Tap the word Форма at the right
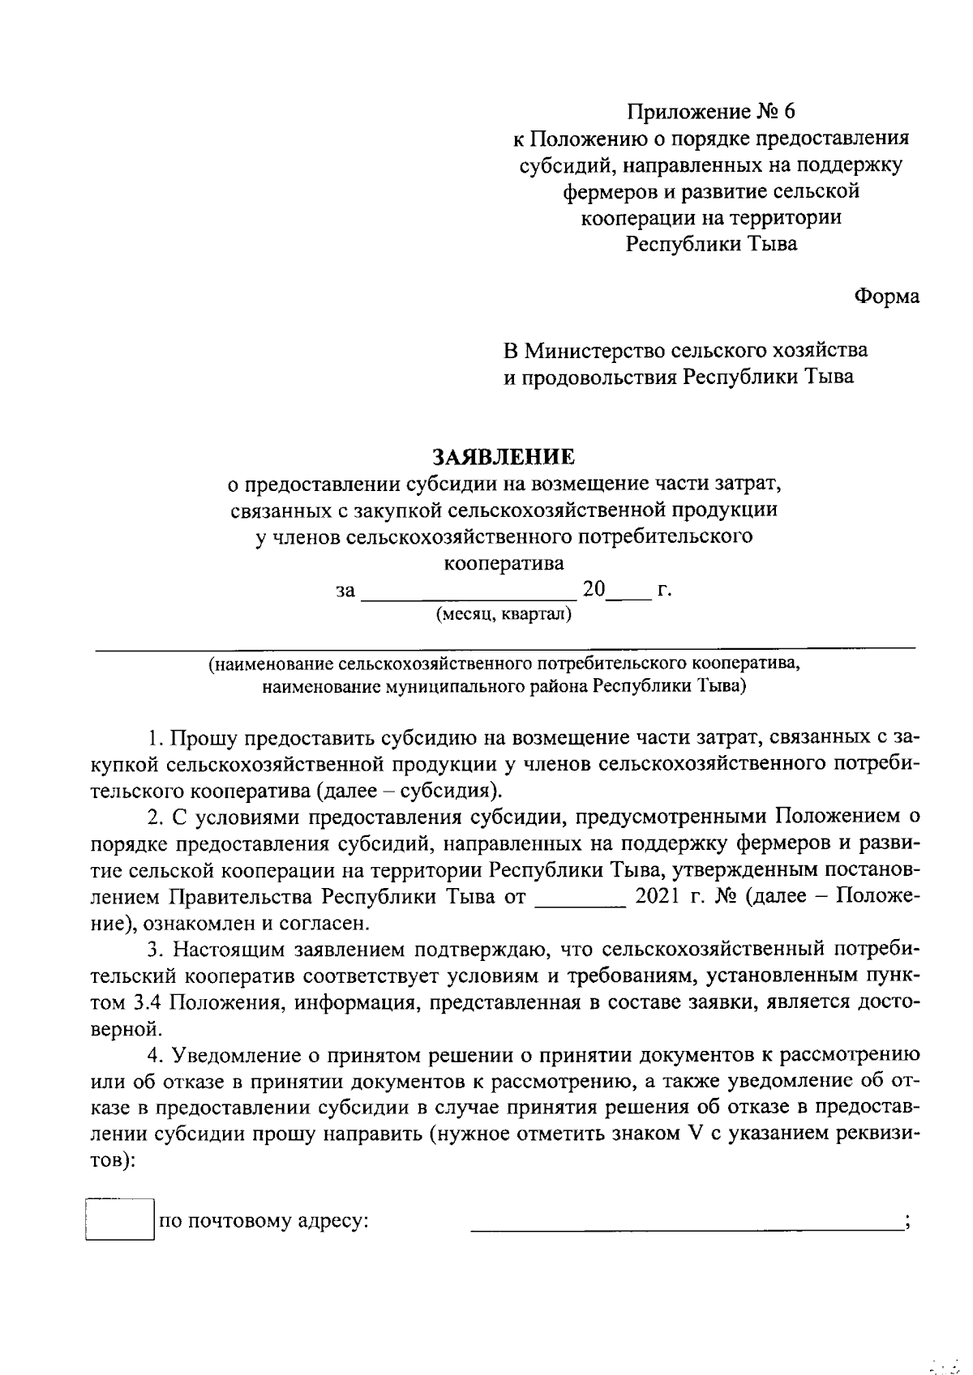887,297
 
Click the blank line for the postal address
688,1228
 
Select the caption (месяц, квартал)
504,614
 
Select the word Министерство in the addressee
596,350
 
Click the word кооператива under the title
504,562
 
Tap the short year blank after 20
628,598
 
